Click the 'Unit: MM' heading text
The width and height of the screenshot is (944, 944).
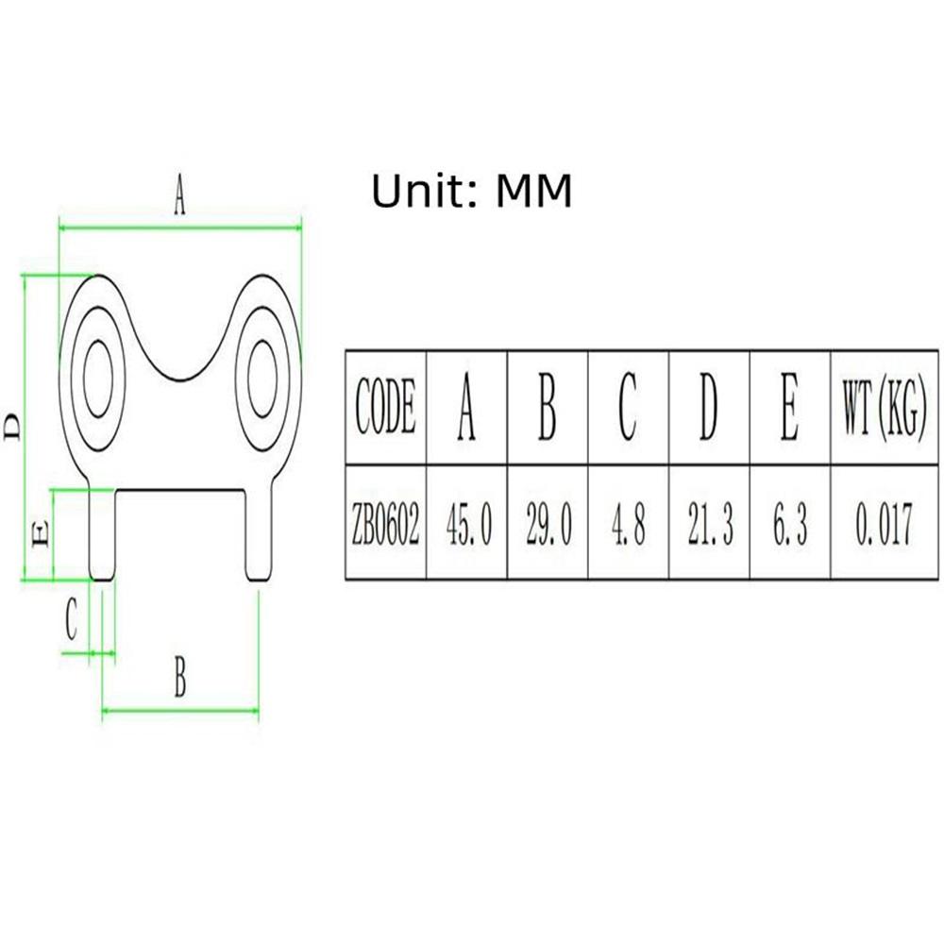coord(471,191)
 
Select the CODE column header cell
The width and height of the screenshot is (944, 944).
coord(385,407)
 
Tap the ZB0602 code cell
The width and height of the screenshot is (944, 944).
coord(385,523)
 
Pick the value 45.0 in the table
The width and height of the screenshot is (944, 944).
coord(469,524)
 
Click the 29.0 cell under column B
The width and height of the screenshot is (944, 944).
coord(548,524)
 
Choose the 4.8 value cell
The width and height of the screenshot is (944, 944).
coord(629,524)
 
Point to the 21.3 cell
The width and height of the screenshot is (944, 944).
coord(711,524)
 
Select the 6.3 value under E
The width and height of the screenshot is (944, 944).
coord(790,524)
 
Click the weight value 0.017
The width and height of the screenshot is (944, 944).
coord(884,524)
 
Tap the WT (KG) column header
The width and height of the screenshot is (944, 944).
coord(884,408)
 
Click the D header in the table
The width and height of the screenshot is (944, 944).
coord(709,407)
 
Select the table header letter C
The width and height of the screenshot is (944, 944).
coord(628,407)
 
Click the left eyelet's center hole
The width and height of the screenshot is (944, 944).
coord(97,379)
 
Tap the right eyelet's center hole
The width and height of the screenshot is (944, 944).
coord(261,379)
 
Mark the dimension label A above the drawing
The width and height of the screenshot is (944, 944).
coord(179,194)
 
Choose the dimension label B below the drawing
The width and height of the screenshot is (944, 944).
coord(180,677)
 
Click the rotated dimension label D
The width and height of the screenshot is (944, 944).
coord(12,427)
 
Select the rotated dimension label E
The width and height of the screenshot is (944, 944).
coord(40,534)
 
